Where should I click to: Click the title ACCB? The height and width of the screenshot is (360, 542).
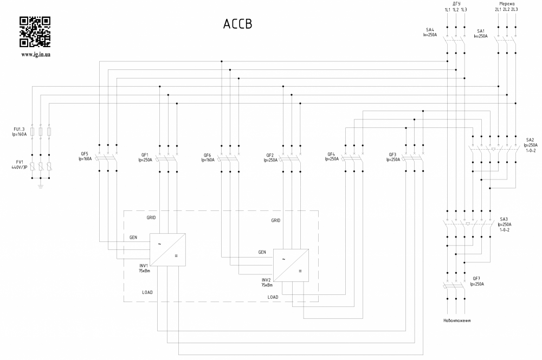click(x=238, y=24)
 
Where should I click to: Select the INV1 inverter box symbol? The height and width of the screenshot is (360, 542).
click(x=167, y=249)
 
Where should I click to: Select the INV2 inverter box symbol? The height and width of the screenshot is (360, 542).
click(x=291, y=265)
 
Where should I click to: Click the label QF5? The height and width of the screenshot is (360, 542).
click(x=84, y=155)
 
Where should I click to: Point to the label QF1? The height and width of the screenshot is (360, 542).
click(x=145, y=155)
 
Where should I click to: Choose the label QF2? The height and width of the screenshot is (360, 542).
click(x=270, y=155)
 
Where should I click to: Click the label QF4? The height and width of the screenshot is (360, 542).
click(x=332, y=155)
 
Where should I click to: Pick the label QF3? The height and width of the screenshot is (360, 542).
click(x=393, y=155)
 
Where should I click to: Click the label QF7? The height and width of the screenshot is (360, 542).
click(x=476, y=278)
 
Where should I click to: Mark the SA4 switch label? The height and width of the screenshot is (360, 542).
click(x=430, y=30)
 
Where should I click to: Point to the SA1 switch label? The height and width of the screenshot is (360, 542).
click(x=481, y=31)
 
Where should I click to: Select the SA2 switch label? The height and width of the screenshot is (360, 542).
click(x=530, y=139)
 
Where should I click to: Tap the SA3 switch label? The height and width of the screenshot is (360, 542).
click(x=504, y=218)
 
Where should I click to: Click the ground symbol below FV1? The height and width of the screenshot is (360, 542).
click(x=41, y=187)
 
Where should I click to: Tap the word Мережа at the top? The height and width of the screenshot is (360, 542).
click(x=506, y=3)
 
